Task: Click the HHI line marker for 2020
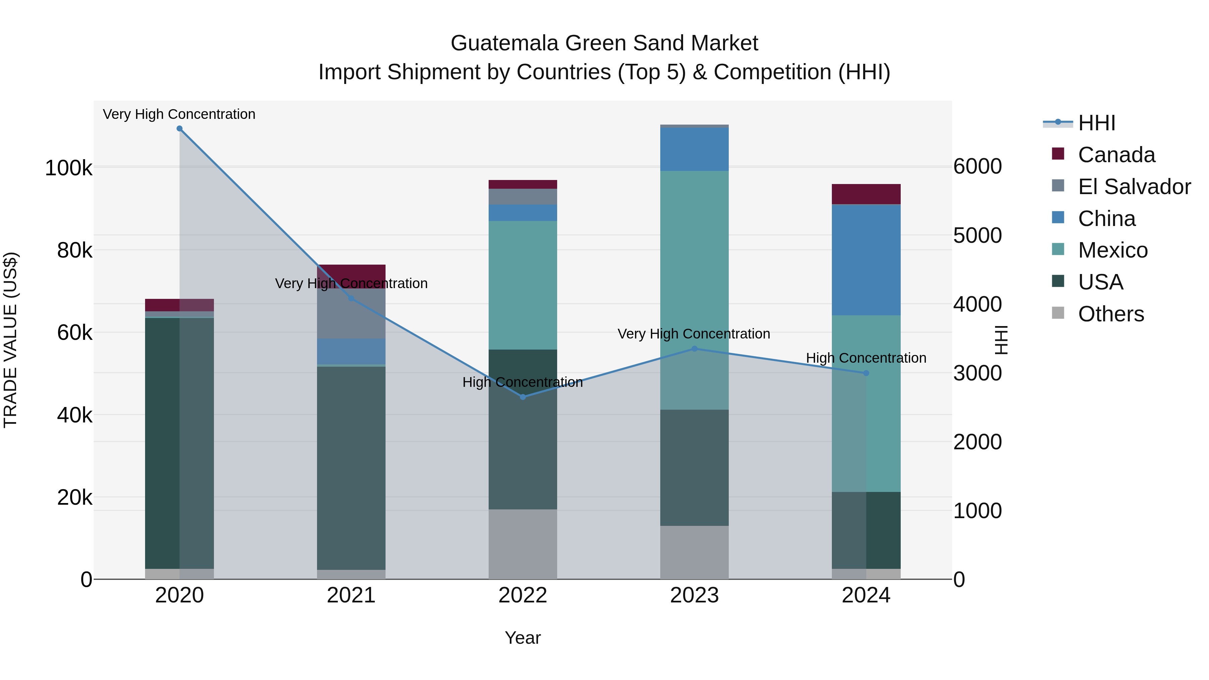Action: [179, 129]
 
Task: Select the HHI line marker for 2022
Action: [523, 397]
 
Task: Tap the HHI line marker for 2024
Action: [866, 373]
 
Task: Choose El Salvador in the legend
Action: [1134, 187]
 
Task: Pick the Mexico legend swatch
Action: [1058, 249]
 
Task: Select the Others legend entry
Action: [1111, 314]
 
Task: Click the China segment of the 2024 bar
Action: [866, 260]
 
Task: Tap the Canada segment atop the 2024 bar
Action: [866, 194]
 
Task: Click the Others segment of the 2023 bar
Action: [694, 552]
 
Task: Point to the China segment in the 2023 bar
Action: [694, 149]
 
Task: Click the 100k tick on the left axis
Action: [69, 168]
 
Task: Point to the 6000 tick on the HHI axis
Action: [977, 167]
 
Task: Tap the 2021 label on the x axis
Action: [351, 595]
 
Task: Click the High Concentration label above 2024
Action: [866, 358]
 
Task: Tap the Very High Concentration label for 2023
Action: [694, 334]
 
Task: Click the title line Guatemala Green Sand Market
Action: [604, 43]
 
